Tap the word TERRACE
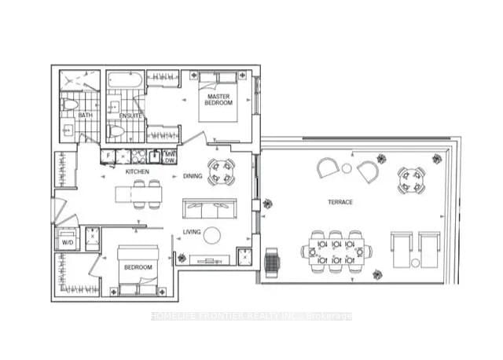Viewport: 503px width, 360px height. click(x=340, y=202)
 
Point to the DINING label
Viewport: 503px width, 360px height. click(x=193, y=176)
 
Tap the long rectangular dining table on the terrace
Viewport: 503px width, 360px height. click(x=336, y=252)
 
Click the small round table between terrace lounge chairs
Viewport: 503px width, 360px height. click(x=347, y=167)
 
